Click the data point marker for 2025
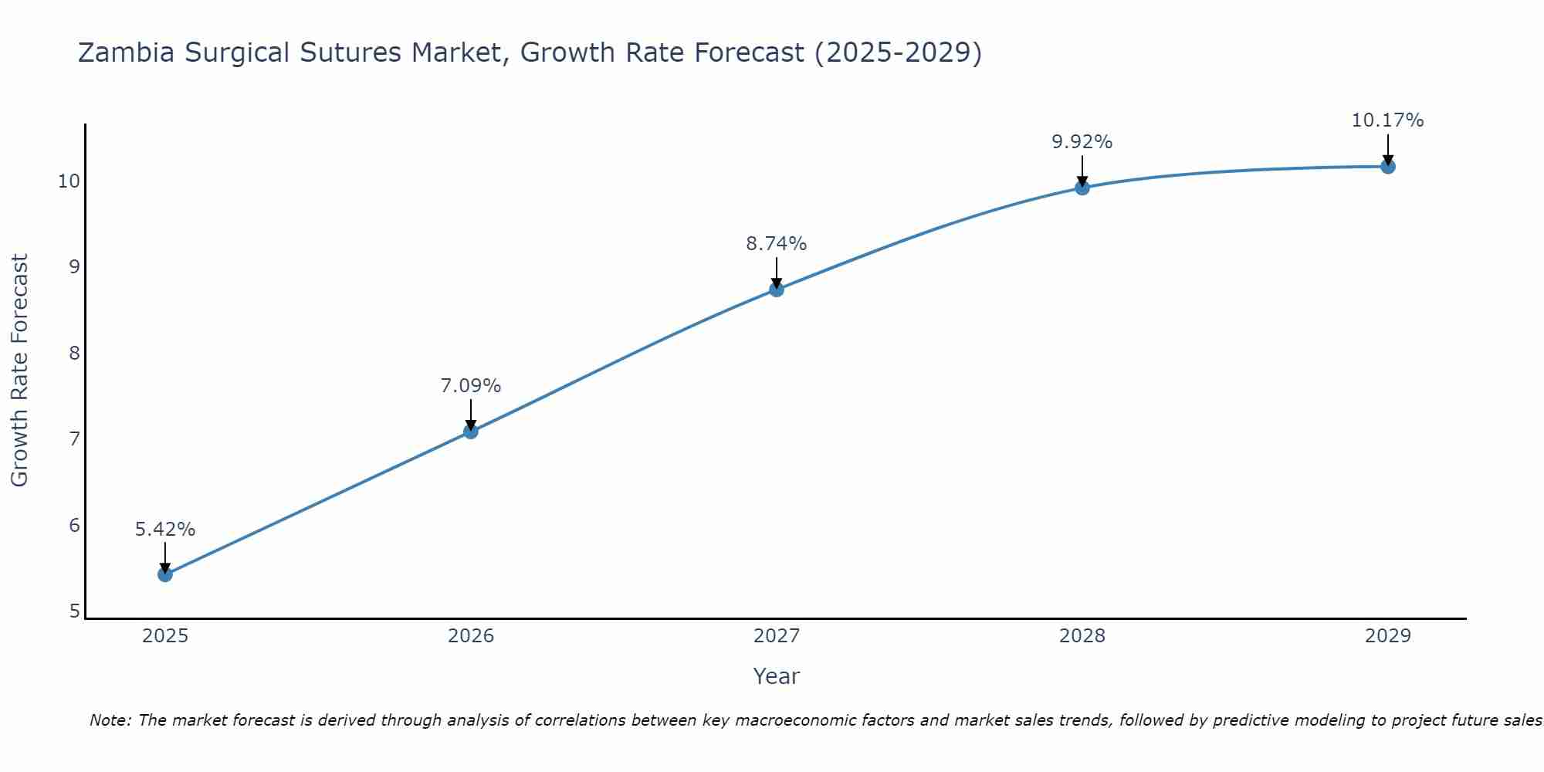pos(165,574)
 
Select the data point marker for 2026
pos(471,432)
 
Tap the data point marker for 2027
pos(777,289)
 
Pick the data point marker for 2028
pos(1082,188)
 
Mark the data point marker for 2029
pos(1388,167)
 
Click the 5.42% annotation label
pos(165,530)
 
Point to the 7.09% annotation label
pos(471,386)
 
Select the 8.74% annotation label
pos(777,244)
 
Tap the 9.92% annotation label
pos(1082,142)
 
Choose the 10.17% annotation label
pos(1388,120)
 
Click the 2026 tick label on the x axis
pos(471,636)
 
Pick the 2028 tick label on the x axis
pos(1082,636)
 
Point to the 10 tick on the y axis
pos(69,181)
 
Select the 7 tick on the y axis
pos(74,439)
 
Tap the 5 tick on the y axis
pos(74,611)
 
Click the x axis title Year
pos(777,676)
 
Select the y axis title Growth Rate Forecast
pos(20,371)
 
